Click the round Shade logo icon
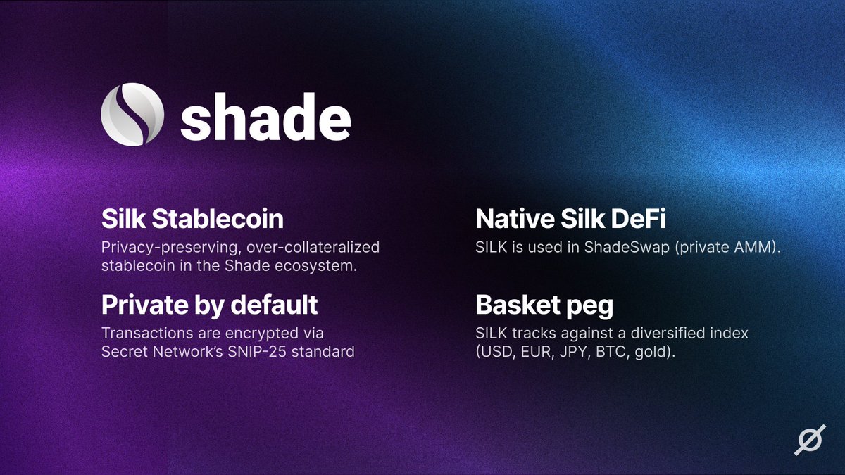coord(133,115)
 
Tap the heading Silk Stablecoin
coord(192,219)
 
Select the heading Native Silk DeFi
coord(571,219)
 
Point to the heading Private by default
coord(210,305)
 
